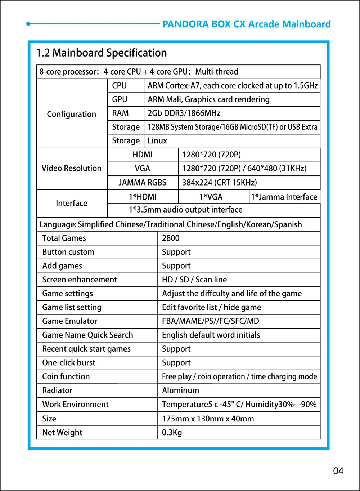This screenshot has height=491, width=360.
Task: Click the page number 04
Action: pyautogui.click(x=338, y=471)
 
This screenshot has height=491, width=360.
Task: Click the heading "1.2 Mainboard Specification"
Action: pyautogui.click(x=102, y=53)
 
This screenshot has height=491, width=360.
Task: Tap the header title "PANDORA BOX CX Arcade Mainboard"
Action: pyautogui.click(x=246, y=24)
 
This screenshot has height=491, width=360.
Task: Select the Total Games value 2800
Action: pyautogui.click(x=171, y=238)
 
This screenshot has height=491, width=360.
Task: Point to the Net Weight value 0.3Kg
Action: pyautogui.click(x=172, y=432)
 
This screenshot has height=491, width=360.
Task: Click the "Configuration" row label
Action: pyautogui.click(x=72, y=114)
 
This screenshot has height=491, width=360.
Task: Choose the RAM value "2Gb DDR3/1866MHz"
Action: pyautogui.click(x=184, y=113)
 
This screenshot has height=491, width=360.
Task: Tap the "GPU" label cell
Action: pyautogui.click(x=120, y=99)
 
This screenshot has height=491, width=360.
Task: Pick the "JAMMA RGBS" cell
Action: pyautogui.click(x=143, y=183)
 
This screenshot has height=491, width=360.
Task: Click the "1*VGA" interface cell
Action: pyautogui.click(x=211, y=197)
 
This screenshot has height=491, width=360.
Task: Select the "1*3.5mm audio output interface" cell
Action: pyautogui.click(x=185, y=210)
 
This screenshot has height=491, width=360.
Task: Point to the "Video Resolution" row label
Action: pyautogui.click(x=72, y=168)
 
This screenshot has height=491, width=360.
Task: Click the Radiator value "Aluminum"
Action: pyautogui.click(x=180, y=390)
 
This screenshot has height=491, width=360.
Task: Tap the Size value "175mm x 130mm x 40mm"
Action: pyautogui.click(x=208, y=419)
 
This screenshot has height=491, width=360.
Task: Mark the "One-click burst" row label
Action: pyautogui.click(x=69, y=362)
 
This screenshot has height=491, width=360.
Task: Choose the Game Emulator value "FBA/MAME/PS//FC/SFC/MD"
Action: pyautogui.click(x=211, y=321)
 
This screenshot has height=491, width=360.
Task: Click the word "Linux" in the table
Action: pyautogui.click(x=157, y=141)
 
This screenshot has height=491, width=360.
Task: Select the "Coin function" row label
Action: pyautogui.click(x=66, y=376)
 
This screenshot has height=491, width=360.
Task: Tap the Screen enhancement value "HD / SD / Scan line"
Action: pyautogui.click(x=194, y=280)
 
